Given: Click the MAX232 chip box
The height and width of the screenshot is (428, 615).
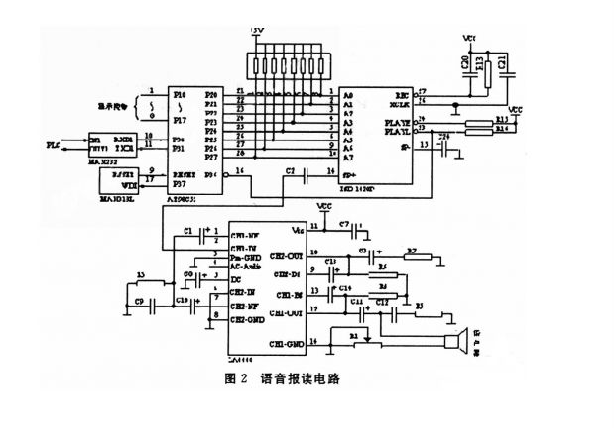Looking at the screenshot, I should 110,145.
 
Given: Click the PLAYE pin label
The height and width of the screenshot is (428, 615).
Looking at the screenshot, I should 396,121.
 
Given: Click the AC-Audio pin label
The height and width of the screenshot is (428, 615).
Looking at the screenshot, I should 245,265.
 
